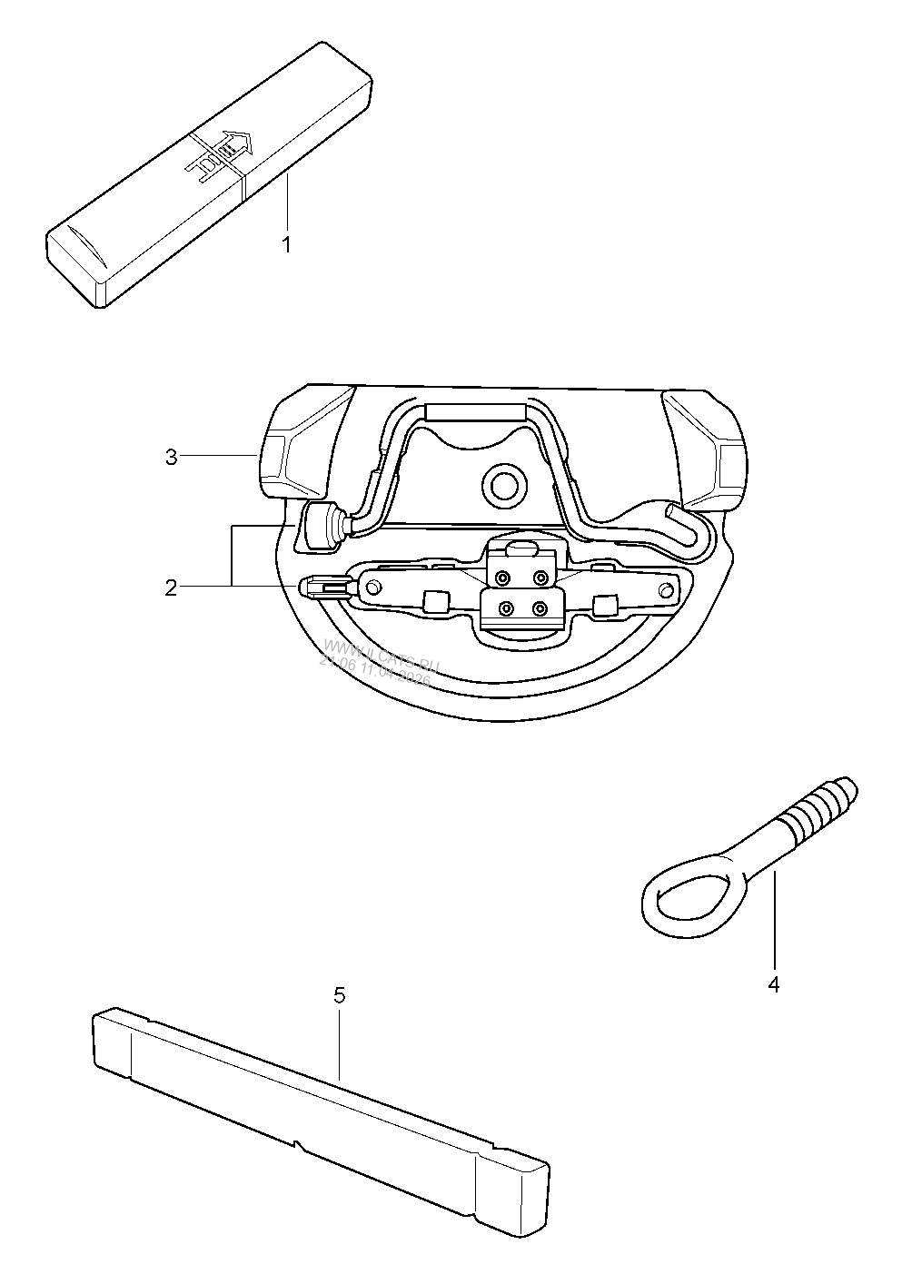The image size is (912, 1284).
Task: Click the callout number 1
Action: pos(286,245)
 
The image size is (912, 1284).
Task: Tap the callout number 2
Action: pos(171,588)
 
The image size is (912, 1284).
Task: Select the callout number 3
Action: pos(171,457)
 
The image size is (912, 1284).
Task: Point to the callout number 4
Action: pos(773,984)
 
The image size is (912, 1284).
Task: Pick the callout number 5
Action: pos(339,995)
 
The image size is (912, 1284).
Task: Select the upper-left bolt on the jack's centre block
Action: pos(501,577)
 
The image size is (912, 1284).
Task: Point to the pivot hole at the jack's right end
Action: pos(669,591)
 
